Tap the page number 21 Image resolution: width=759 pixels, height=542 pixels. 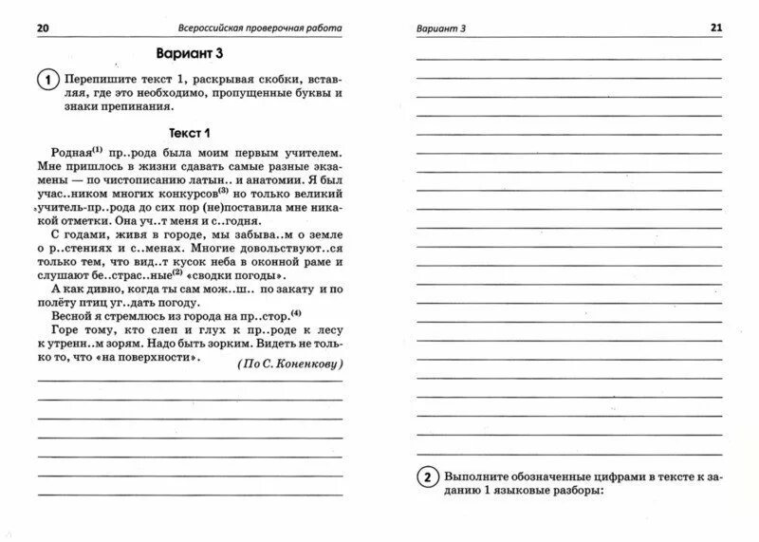tap(715, 28)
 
